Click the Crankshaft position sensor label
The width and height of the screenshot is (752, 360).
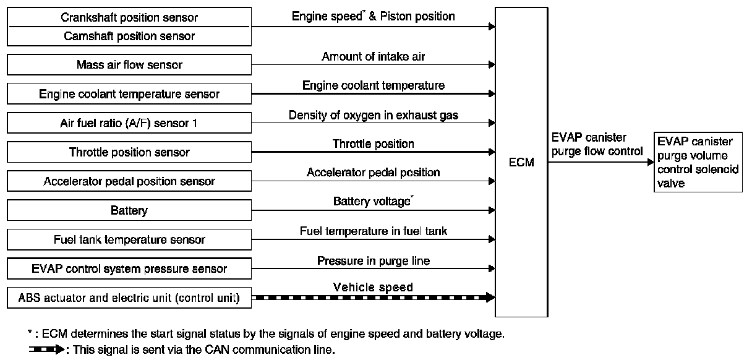(x=129, y=17)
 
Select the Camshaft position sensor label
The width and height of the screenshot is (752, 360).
(x=129, y=36)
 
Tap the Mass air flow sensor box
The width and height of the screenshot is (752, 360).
(x=129, y=64)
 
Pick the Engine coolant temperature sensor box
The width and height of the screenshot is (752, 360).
(x=129, y=94)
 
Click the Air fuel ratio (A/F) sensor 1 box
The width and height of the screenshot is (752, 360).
(x=129, y=123)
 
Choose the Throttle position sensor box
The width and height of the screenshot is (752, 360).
(x=129, y=152)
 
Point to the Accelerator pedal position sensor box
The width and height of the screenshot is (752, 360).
(x=129, y=181)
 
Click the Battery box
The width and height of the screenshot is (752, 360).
(x=129, y=210)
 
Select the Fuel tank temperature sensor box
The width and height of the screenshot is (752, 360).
(x=129, y=239)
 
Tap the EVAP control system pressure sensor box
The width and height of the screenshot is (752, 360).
(x=129, y=268)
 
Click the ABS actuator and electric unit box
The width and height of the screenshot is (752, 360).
(x=129, y=298)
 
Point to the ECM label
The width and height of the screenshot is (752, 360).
(x=521, y=163)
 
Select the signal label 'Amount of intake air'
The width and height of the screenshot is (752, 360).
(x=373, y=57)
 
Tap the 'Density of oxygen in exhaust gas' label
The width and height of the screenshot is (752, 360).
(x=373, y=115)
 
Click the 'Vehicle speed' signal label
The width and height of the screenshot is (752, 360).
(x=373, y=287)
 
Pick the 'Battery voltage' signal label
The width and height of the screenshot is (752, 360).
(x=373, y=202)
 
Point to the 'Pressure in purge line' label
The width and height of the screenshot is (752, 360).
(x=373, y=260)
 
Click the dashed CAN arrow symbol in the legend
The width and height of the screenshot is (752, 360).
(x=46, y=350)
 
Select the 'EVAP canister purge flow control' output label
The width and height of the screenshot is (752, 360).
(x=596, y=145)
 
